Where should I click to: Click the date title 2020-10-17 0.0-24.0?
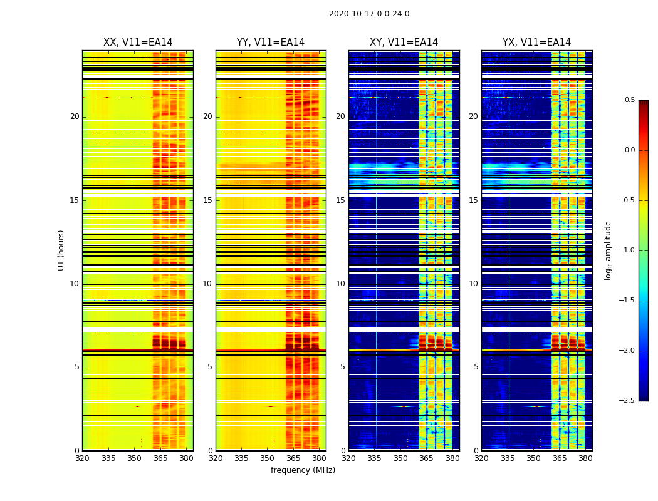(x=369, y=14)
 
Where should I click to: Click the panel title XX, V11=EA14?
(x=138, y=43)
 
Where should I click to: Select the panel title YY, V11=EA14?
(x=271, y=43)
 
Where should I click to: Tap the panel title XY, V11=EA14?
(x=404, y=43)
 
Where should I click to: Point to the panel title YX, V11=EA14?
(x=536, y=43)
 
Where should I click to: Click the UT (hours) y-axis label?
(x=61, y=250)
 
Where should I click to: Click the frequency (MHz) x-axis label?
(x=303, y=470)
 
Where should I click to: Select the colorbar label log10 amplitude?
(x=608, y=250)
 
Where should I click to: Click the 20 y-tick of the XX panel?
(x=75, y=116)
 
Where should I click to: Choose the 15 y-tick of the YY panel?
(x=207, y=200)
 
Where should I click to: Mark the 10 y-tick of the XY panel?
(x=340, y=284)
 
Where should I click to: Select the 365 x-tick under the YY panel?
(x=293, y=458)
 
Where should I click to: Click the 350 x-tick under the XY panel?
(x=400, y=458)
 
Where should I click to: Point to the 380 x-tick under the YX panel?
(x=585, y=458)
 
